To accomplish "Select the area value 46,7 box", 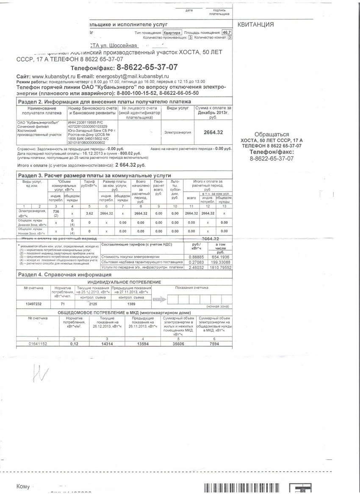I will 227,33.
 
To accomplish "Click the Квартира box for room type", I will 172,33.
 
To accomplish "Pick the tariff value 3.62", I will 89,213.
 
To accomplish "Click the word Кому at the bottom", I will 23,487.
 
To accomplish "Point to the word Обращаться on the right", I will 271,133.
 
